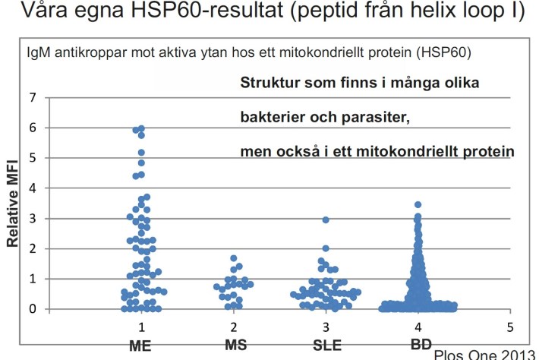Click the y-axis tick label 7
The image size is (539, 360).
point(33,98)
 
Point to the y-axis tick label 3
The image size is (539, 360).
point(33,219)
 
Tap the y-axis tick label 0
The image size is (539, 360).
point(33,309)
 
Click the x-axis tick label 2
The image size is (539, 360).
point(233,326)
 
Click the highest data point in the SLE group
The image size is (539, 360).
point(326,220)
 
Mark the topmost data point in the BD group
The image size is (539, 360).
point(418,205)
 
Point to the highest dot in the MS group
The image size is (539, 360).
point(233,259)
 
